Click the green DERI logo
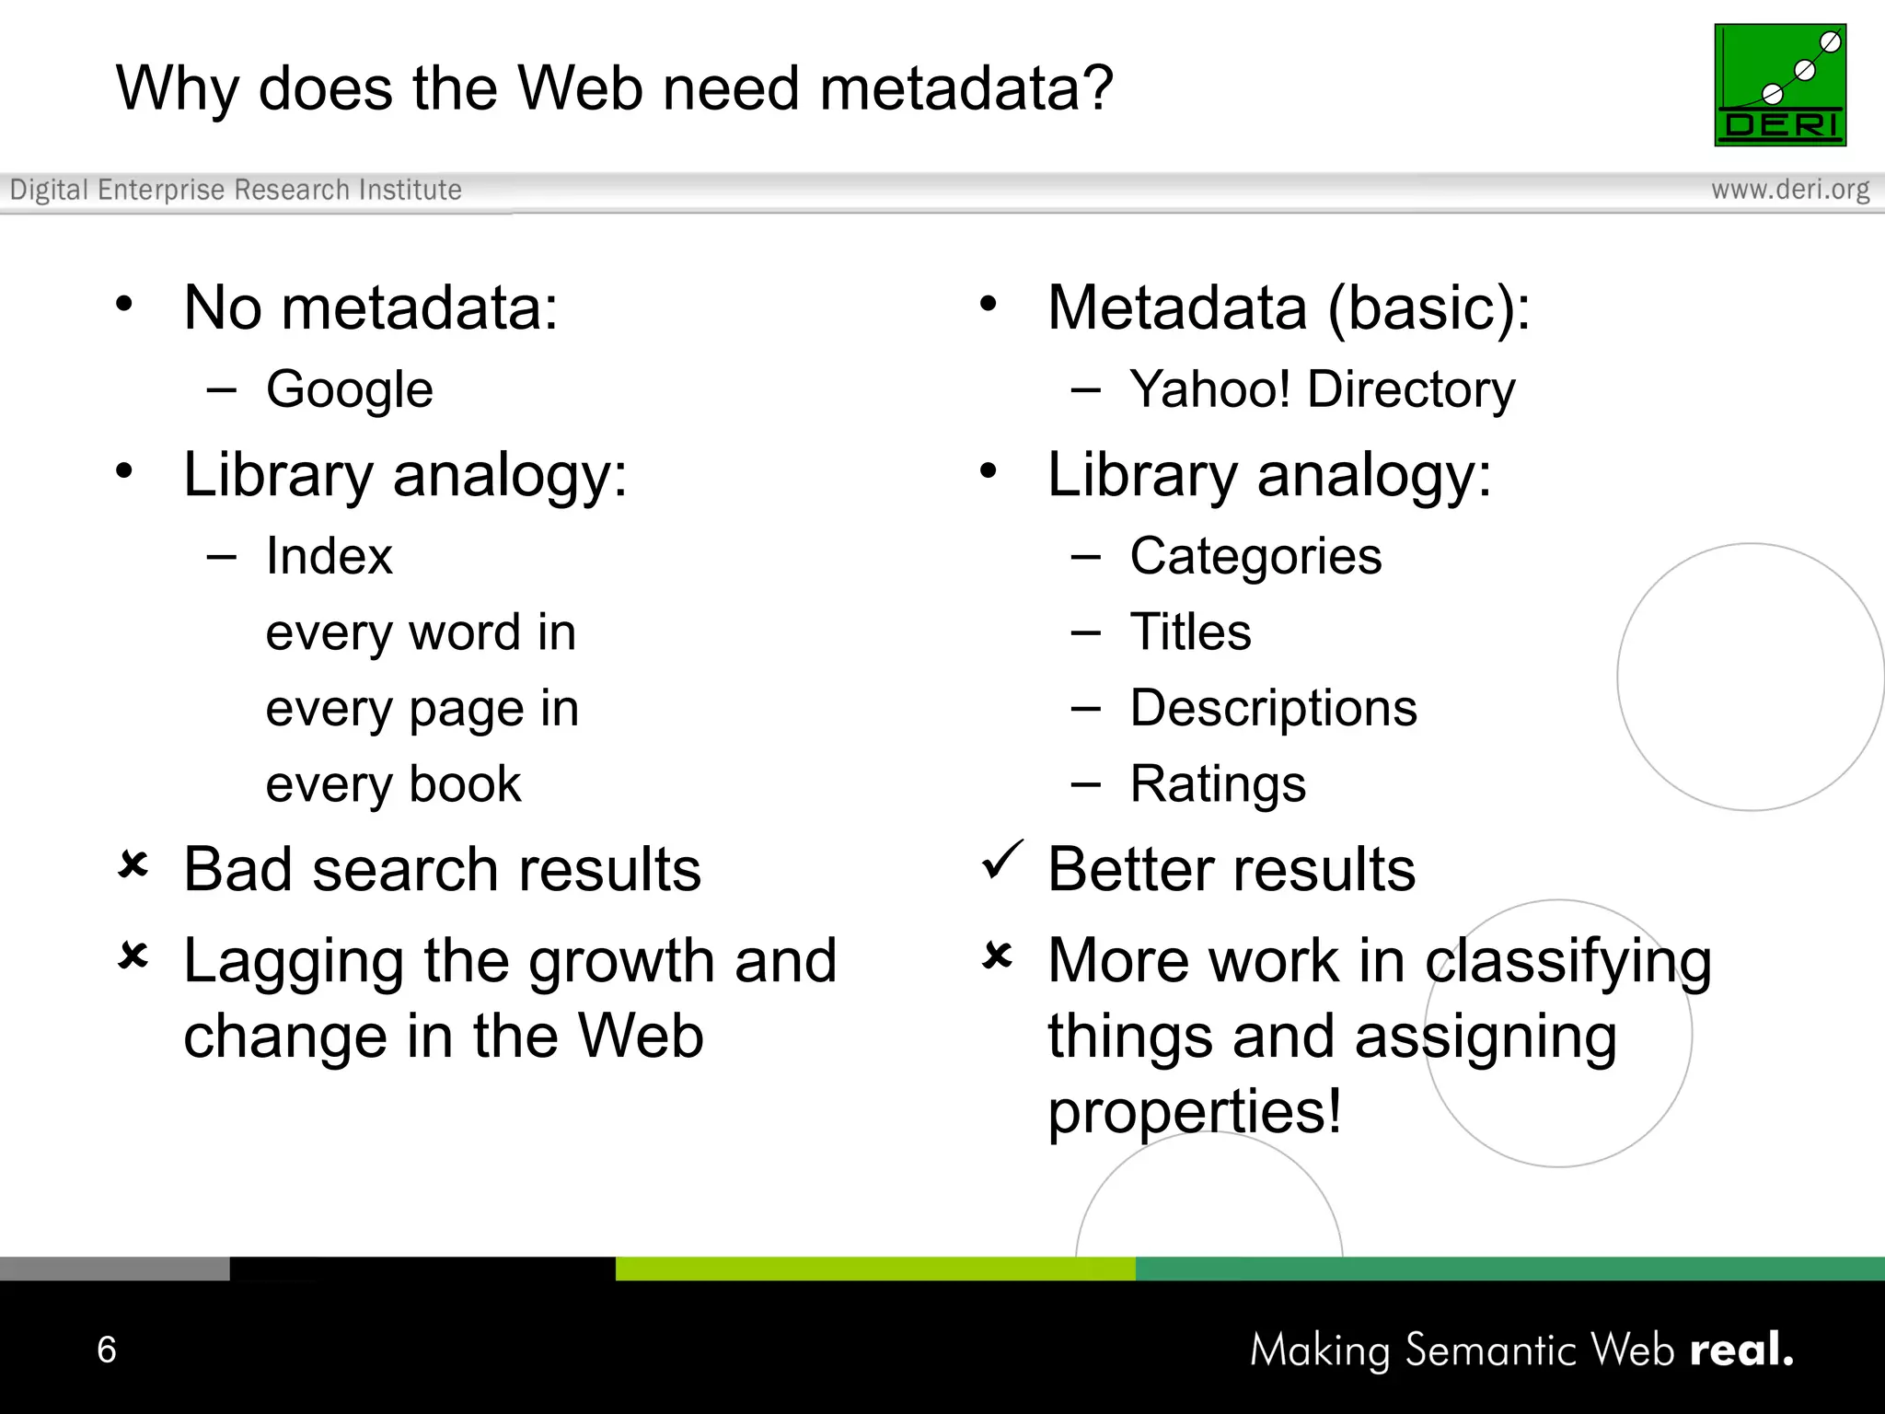1779,85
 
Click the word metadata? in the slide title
966,89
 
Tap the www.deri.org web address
1789,190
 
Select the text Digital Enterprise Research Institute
236,190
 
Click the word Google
349,390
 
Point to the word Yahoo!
1209,388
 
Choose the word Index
329,556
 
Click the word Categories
1255,556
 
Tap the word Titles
1190,632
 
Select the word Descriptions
1273,708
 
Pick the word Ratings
1217,784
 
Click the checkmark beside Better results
1001,860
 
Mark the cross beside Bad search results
133,865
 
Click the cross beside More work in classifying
998,956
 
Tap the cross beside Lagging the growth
133,956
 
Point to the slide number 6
107,1350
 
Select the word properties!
1194,1112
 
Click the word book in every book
465,784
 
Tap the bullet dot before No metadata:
124,304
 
